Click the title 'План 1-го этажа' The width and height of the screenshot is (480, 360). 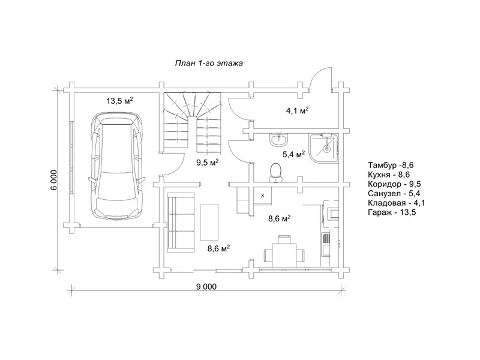pos(209,64)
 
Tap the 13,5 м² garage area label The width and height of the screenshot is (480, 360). pos(119,100)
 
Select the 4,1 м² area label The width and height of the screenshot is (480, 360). pos(297,110)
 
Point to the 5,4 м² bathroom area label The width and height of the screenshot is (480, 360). pos(293,154)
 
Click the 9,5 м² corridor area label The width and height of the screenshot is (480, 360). pos(207,162)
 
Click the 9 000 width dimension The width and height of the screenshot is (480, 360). pos(206,287)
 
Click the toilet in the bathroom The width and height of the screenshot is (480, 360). pos(275,172)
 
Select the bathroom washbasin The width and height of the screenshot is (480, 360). pos(278,140)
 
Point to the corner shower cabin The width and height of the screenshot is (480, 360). pos(323,148)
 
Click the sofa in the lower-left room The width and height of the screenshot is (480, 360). pos(181,223)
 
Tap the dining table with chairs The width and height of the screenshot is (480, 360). pos(284,251)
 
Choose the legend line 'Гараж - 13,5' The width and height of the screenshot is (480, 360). pos(392,212)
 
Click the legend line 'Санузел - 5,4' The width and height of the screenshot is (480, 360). pos(394,193)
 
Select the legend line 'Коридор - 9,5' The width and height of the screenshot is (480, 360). pos(394,184)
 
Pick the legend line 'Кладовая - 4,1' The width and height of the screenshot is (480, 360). pos(397,203)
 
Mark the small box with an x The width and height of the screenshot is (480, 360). pos(262,196)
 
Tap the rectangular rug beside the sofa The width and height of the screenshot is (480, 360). pos(209,223)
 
